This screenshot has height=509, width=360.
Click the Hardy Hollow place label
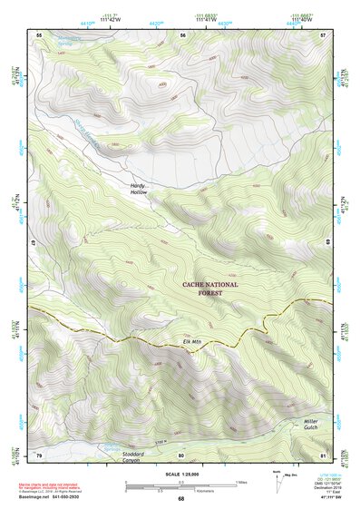(x=138, y=189)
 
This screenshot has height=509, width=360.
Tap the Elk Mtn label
(x=190, y=341)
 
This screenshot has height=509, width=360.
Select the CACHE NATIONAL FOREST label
(x=210, y=289)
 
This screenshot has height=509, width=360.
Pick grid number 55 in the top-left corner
(x=39, y=34)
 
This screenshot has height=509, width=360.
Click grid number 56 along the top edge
(x=182, y=34)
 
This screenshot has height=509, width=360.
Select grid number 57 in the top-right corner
(x=323, y=34)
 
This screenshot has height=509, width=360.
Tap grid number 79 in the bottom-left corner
(x=39, y=454)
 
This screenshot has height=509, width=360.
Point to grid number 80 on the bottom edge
(x=181, y=454)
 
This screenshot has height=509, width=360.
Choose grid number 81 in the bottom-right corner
(x=323, y=454)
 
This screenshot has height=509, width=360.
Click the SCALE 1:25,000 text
(x=180, y=474)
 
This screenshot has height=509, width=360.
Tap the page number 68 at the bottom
(x=180, y=498)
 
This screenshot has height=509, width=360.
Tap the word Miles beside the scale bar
(x=241, y=481)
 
